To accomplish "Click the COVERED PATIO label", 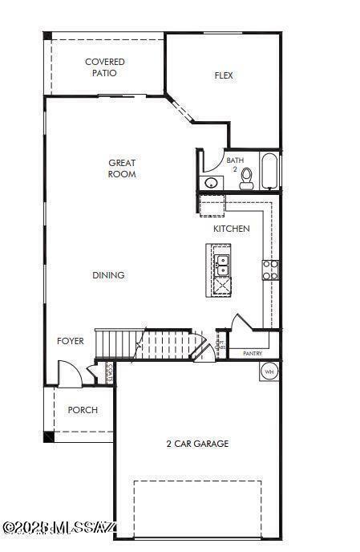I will (x=105, y=67).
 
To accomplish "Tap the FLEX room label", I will (x=224, y=76).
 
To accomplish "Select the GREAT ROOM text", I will (x=122, y=168).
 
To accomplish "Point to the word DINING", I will (x=108, y=275).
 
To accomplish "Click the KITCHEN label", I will (x=231, y=229).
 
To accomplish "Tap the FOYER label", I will (x=71, y=341).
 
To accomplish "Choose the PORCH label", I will (x=83, y=410).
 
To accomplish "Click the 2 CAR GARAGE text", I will (x=197, y=444).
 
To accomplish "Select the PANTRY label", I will (x=253, y=353).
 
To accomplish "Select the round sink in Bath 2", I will (x=212, y=183).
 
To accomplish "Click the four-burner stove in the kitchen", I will (x=270, y=270).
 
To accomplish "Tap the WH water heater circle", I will (x=269, y=371).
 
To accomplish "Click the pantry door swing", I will (x=241, y=323).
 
